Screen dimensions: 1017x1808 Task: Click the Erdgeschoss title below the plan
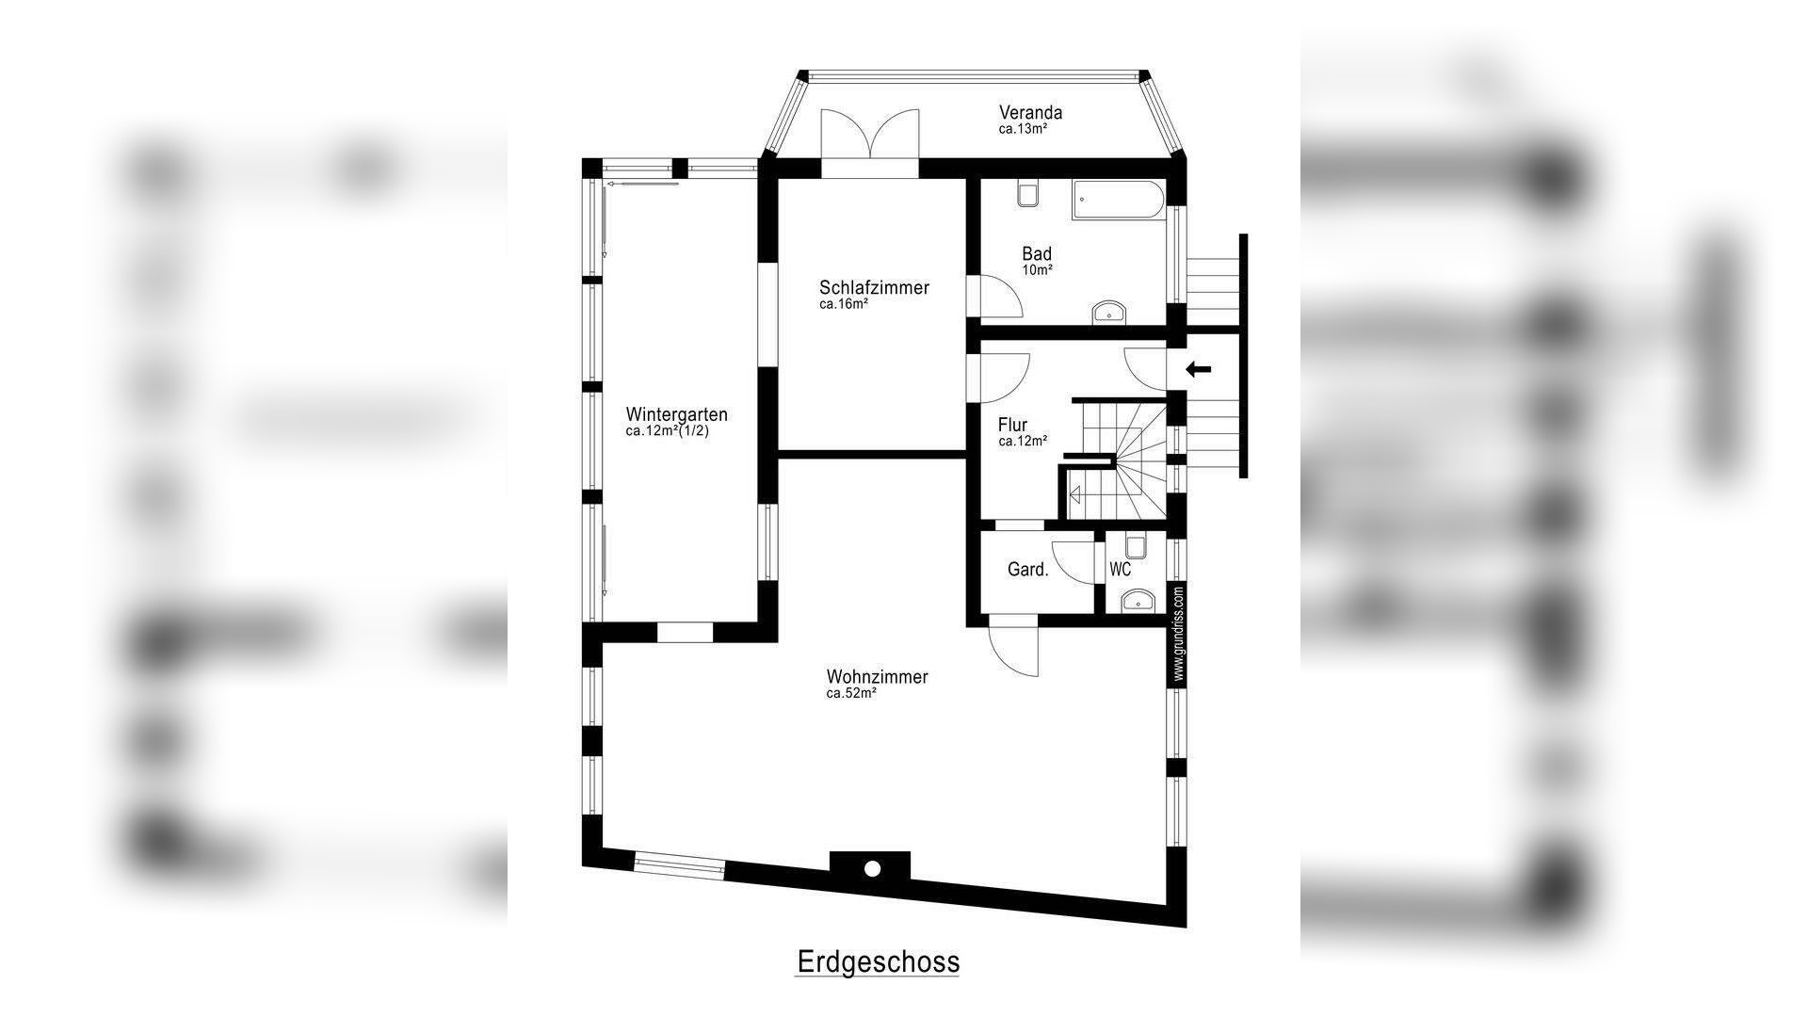point(878,962)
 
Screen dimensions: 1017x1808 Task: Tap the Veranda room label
point(1030,113)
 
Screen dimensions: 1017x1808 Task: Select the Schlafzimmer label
point(874,288)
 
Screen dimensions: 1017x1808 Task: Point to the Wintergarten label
point(676,414)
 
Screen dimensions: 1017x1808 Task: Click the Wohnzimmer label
point(877,677)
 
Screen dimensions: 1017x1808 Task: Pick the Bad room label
point(1037,254)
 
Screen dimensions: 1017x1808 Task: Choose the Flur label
point(1012,426)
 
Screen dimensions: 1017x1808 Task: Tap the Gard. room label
point(1027,570)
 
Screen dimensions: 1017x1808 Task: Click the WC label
point(1120,570)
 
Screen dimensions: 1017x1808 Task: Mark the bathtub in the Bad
point(1119,201)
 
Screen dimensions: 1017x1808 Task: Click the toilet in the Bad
point(1027,194)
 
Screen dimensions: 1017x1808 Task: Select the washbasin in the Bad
point(1109,313)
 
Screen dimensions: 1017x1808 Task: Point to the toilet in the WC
point(1136,547)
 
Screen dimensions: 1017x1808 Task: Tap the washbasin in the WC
point(1138,600)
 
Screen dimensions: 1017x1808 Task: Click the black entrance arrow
point(1199,369)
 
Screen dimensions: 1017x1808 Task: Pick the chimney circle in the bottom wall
point(872,868)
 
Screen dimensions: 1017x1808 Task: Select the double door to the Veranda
point(869,141)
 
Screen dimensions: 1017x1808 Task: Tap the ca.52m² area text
point(851,693)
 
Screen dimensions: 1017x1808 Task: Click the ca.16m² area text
point(843,304)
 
